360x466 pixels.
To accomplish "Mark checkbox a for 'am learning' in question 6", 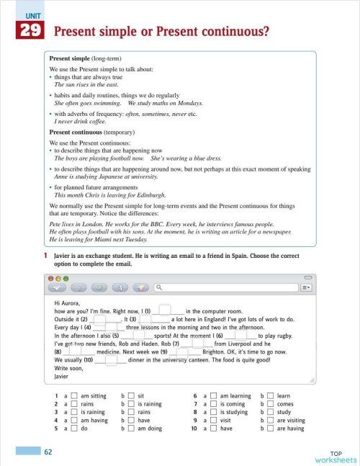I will (213, 396).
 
